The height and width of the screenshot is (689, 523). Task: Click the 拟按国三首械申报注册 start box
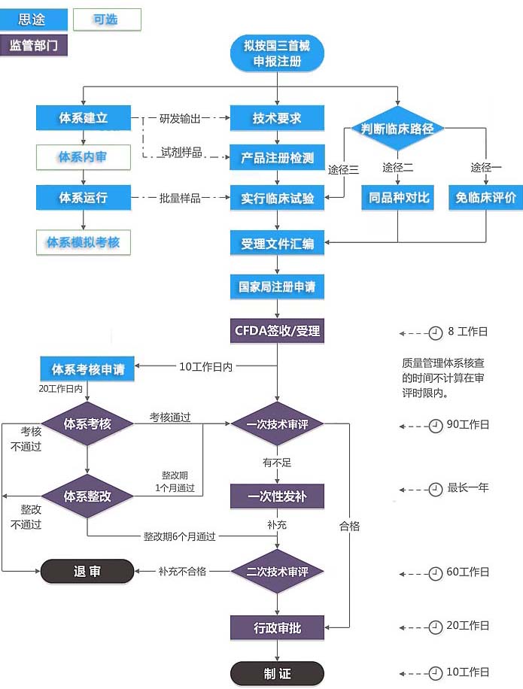277,53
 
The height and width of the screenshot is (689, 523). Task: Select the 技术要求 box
277,118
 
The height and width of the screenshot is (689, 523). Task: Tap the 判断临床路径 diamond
398,129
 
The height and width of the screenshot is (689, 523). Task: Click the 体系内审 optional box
83,157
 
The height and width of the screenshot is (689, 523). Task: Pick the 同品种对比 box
398,198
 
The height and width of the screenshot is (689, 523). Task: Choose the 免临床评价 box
485,198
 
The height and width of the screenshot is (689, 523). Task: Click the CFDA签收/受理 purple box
277,330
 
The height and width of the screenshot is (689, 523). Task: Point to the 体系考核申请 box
87,369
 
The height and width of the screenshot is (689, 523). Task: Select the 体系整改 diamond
87,496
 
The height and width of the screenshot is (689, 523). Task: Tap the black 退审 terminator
87,572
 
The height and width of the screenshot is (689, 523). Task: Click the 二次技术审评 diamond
277,572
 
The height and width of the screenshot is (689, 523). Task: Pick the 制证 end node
277,673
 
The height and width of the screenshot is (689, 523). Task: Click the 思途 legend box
35,20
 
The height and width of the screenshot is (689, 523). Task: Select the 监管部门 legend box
35,45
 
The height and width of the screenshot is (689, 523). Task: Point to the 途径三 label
343,169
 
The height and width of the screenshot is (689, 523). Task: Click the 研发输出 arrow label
180,118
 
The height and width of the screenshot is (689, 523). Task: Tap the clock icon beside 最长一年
435,490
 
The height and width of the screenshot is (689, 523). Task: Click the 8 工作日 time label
467,331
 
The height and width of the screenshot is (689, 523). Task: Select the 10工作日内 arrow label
205,366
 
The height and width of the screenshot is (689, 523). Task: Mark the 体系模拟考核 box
83,242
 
